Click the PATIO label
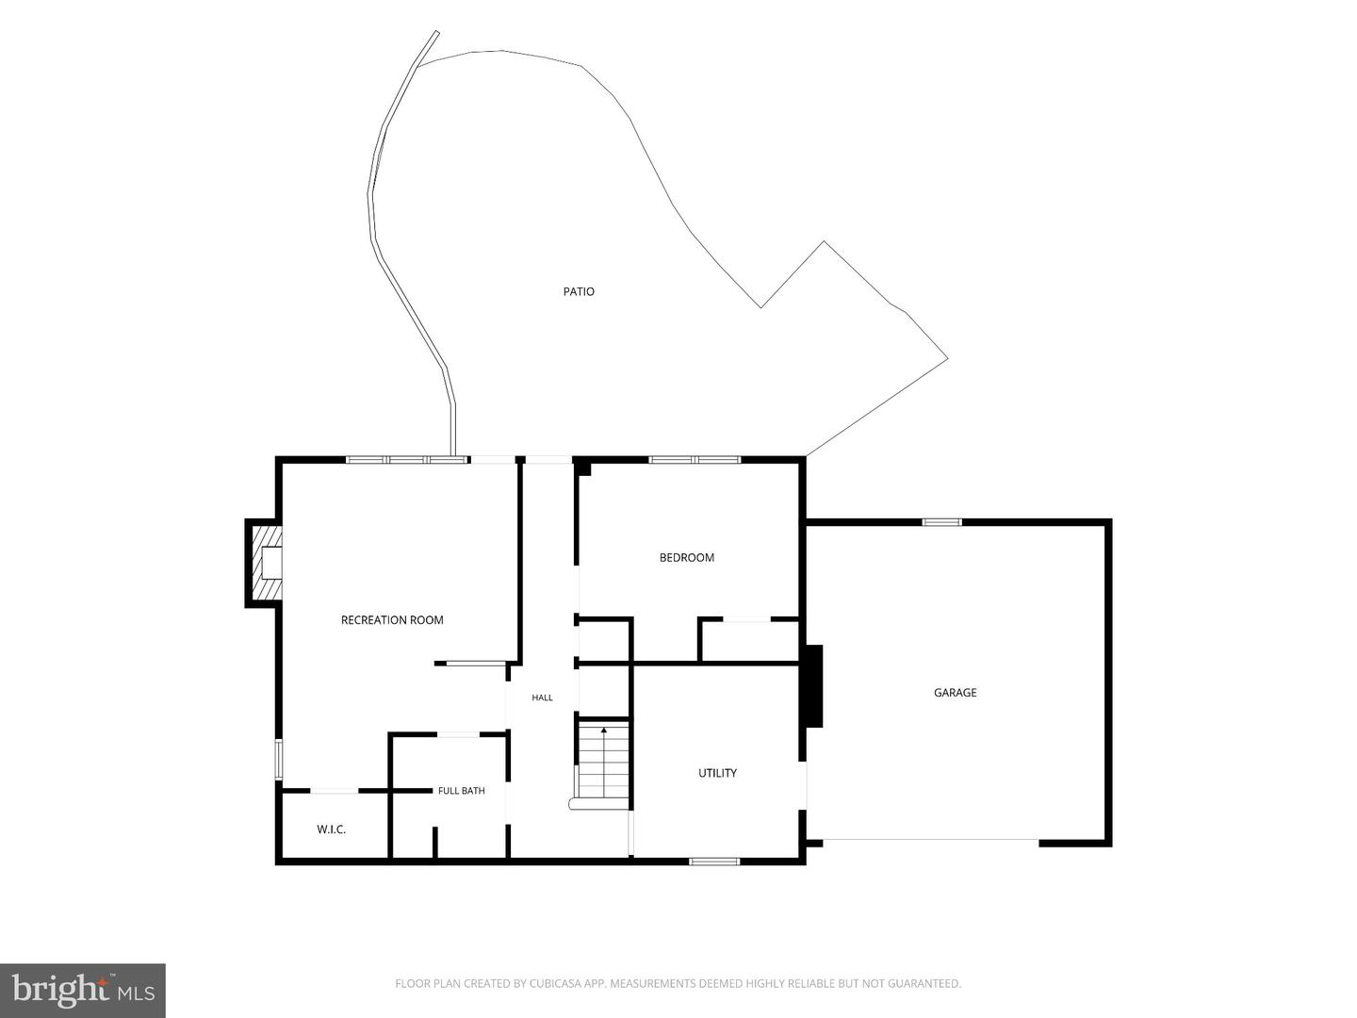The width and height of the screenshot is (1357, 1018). (579, 291)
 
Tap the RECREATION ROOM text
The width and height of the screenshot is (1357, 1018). (392, 620)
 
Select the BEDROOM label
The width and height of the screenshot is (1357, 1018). (687, 557)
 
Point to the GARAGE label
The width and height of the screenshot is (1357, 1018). (956, 692)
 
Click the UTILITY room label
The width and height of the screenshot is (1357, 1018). (718, 773)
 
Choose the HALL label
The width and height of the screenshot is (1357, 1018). (542, 698)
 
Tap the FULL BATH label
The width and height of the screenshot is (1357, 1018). (461, 791)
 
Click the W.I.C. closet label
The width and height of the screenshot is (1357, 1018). (332, 829)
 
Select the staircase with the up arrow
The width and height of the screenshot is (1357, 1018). (603, 765)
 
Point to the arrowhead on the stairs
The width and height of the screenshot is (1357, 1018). (604, 731)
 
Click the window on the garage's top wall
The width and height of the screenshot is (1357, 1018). (942, 522)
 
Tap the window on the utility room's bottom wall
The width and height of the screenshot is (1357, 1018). (714, 861)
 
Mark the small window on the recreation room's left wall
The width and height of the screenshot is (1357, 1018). (279, 760)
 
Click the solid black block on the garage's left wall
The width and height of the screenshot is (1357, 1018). (813, 686)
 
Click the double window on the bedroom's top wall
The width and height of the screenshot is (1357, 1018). (695, 459)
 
